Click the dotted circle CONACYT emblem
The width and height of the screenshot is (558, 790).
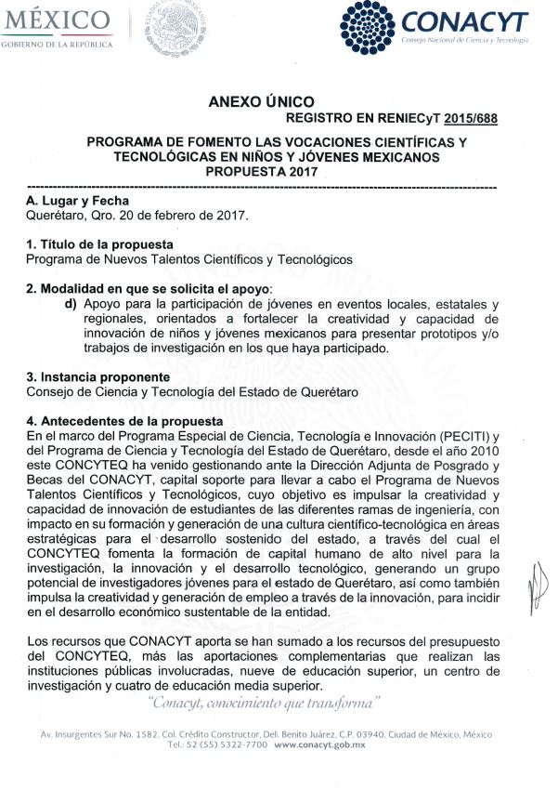tap(370, 29)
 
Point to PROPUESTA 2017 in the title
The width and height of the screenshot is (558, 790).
tap(276, 172)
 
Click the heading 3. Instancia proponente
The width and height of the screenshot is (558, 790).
tap(97, 377)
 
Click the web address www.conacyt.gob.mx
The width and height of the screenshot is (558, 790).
tap(320, 745)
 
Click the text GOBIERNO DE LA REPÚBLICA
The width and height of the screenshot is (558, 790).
tap(57, 45)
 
